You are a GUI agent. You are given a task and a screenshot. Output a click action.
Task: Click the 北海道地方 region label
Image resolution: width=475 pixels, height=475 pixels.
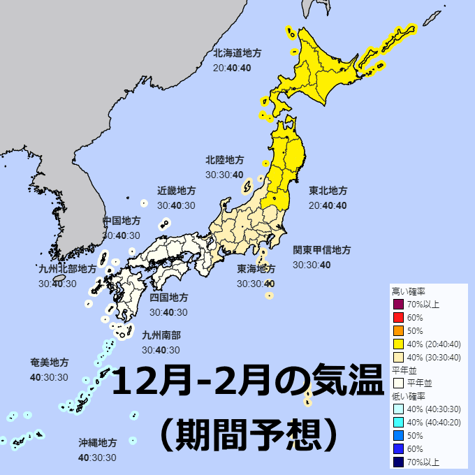pyautogui.click(x=237, y=53)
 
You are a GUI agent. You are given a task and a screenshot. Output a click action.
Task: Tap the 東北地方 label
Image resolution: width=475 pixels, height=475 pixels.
pyautogui.click(x=328, y=191)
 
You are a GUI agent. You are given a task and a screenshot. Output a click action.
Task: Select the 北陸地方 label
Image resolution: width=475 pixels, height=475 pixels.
pyautogui.click(x=225, y=160)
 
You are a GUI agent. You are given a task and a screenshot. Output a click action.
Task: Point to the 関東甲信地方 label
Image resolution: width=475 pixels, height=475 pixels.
pyautogui.click(x=321, y=250)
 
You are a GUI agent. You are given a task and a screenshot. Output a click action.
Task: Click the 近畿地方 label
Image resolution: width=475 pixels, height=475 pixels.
pyautogui.click(x=176, y=191)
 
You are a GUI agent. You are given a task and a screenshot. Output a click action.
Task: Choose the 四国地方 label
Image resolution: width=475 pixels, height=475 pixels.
pyautogui.click(x=168, y=298)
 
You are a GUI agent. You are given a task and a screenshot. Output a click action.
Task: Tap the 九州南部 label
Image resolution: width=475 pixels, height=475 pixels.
pyautogui.click(x=161, y=335)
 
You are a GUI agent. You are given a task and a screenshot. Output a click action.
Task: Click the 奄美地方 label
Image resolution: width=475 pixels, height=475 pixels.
pyautogui.click(x=50, y=363)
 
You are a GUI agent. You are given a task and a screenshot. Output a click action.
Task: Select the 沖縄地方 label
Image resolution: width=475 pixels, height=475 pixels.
pyautogui.click(x=97, y=443)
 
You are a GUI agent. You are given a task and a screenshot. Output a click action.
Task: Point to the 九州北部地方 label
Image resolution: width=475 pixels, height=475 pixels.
pyautogui.click(x=67, y=269)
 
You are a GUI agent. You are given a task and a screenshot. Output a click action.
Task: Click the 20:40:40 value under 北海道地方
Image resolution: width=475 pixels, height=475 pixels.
pyautogui.click(x=232, y=68)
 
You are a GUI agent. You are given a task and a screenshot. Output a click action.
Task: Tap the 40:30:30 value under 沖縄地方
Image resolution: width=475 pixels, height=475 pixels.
pyautogui.click(x=97, y=458)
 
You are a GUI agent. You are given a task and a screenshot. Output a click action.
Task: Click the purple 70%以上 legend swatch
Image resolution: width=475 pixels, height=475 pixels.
pyautogui.click(x=399, y=305)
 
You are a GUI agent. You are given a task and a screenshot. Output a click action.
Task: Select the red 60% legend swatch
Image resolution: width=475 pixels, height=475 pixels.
pyautogui.click(x=399, y=318)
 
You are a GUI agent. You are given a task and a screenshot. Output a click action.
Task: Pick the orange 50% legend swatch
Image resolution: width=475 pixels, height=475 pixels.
pyautogui.click(x=399, y=331)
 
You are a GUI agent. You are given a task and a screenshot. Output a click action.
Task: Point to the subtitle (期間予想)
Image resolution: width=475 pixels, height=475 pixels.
pyautogui.click(x=249, y=434)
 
